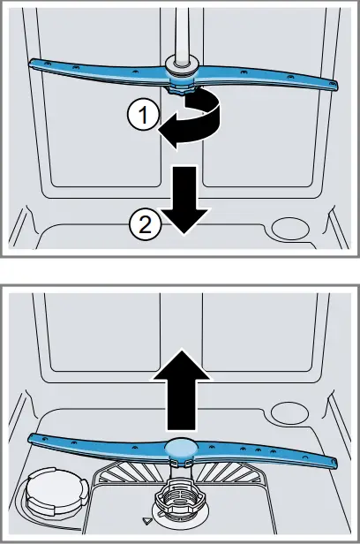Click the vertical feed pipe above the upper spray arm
tap(183, 31)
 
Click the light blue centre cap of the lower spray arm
tap(181, 449)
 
